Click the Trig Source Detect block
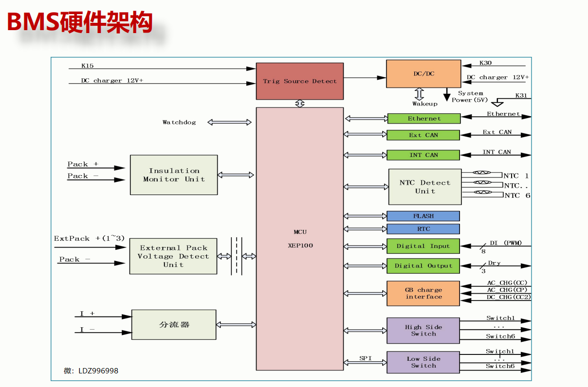[300, 81]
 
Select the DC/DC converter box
[423, 74]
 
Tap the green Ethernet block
[423, 119]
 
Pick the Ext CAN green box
[423, 135]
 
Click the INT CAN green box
[423, 155]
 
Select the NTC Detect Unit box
[425, 187]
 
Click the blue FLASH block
[423, 216]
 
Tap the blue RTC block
[423, 229]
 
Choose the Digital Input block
[423, 246]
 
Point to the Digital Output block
[423, 266]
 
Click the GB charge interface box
[423, 293]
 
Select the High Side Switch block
[423, 331]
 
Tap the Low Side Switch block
[423, 362]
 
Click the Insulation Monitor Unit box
[174, 175]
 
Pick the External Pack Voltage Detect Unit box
[173, 256]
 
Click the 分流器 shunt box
[174, 324]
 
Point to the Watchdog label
[179, 123]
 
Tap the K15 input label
[88, 66]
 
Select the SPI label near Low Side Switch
[366, 358]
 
